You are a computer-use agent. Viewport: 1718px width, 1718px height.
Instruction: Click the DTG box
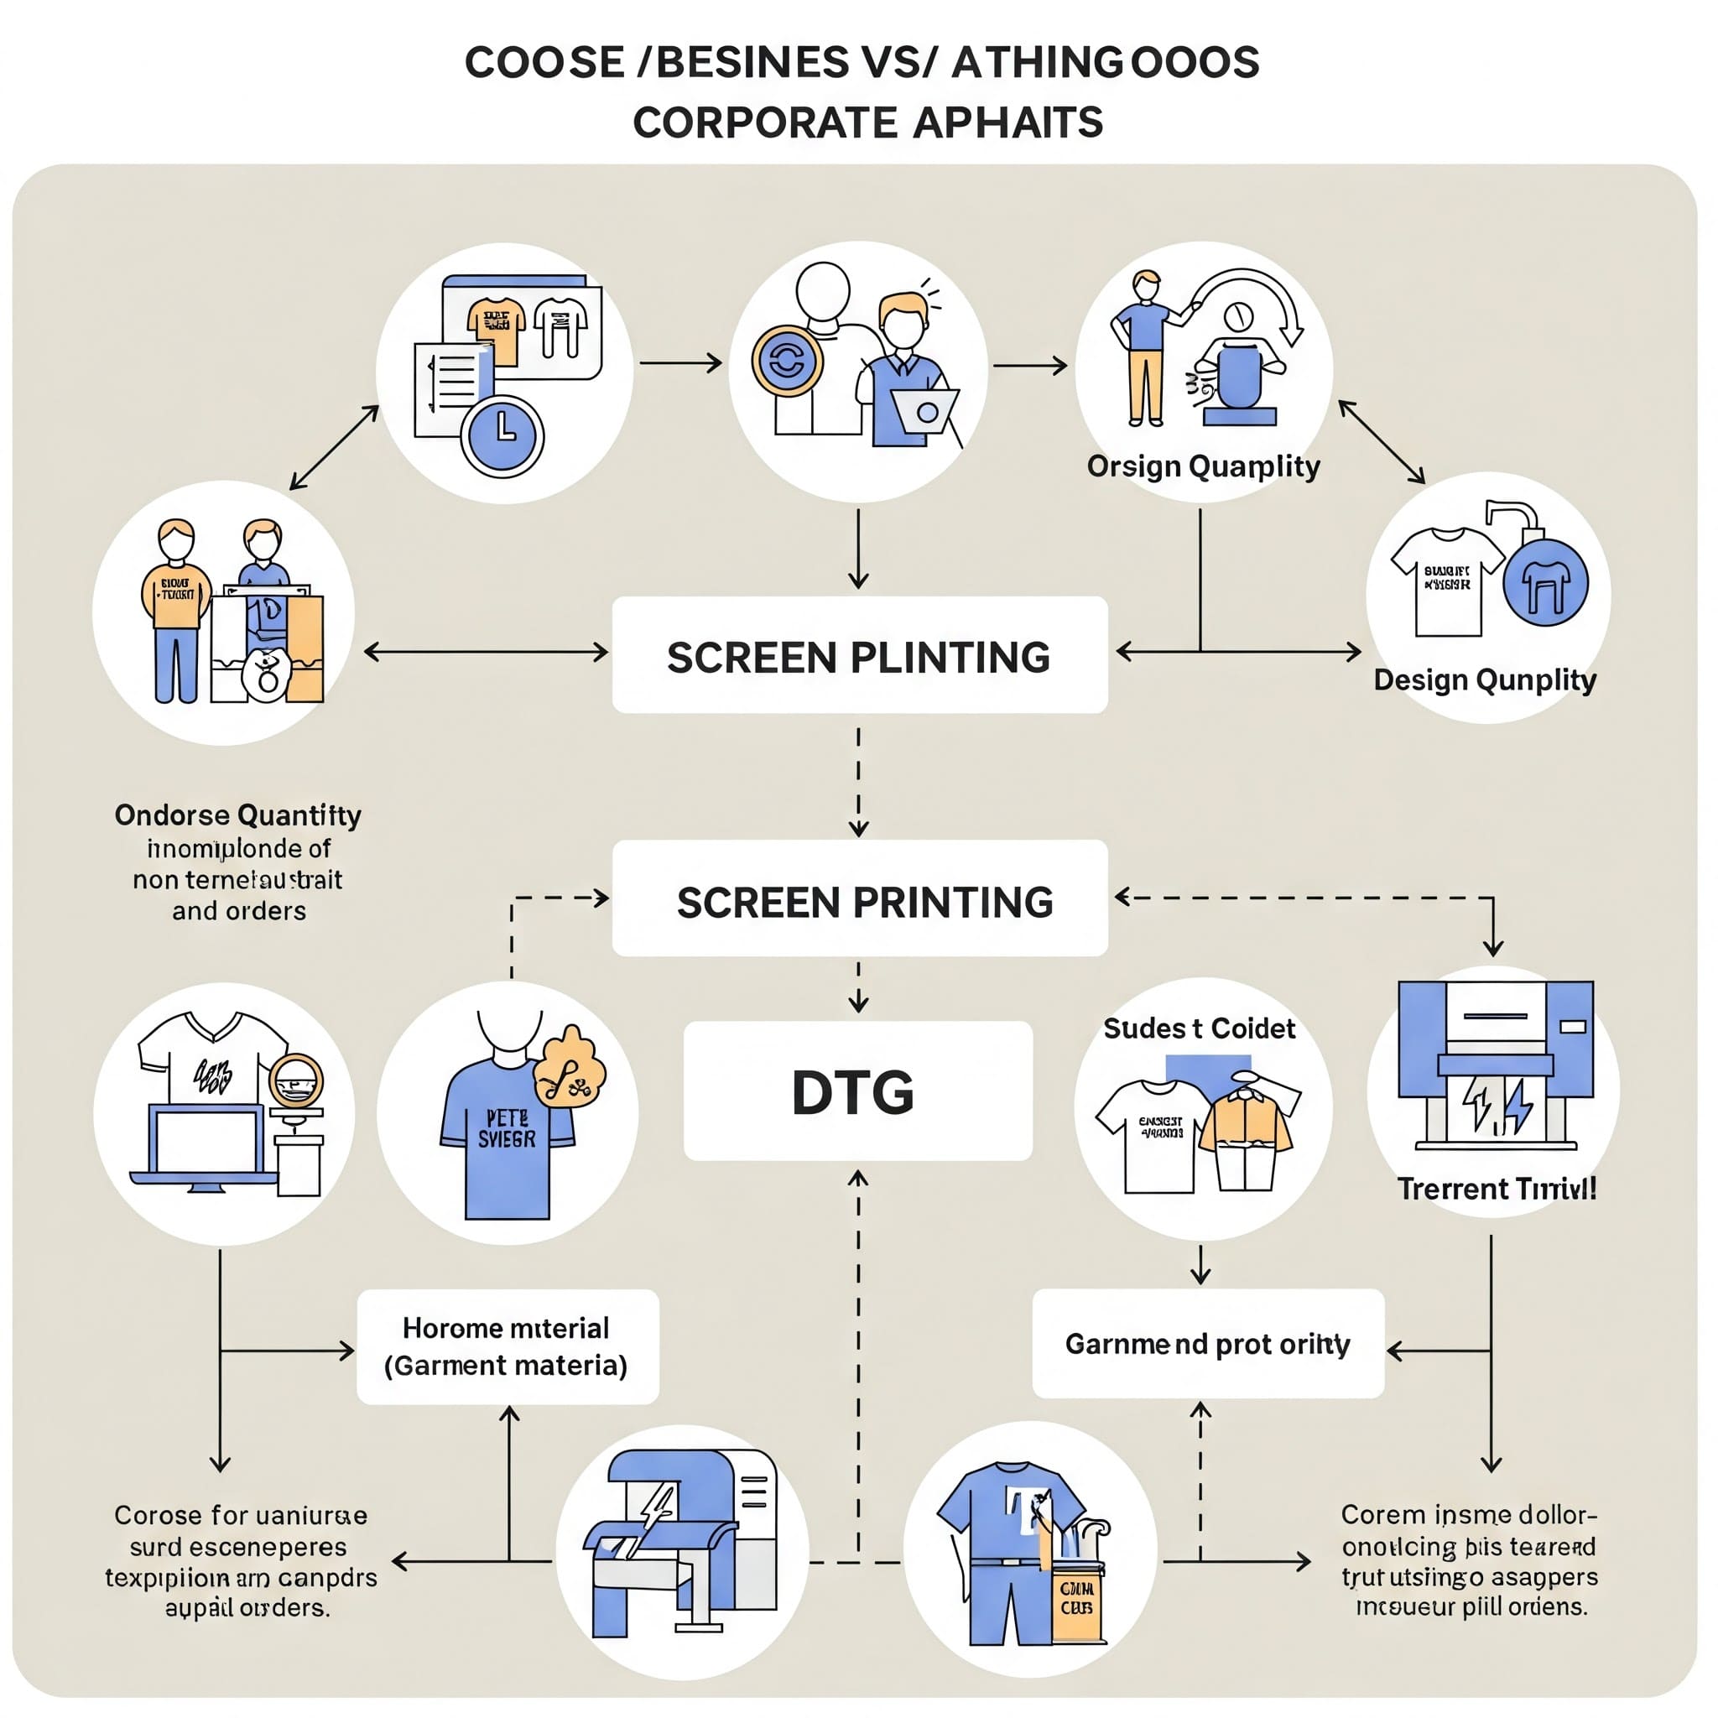point(857,1091)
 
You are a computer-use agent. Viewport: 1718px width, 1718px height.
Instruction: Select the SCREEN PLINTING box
point(859,654)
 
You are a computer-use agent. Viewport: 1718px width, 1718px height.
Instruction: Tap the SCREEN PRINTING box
point(859,898)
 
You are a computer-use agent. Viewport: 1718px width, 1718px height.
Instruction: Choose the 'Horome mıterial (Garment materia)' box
point(507,1346)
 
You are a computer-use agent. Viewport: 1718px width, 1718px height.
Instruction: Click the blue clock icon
point(502,435)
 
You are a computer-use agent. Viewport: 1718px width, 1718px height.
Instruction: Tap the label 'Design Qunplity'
point(1484,680)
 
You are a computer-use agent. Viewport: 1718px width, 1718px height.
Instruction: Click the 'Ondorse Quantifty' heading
point(237,815)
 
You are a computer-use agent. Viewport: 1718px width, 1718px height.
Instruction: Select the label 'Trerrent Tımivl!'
point(1496,1189)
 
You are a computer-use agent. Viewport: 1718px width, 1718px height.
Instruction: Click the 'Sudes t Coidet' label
point(1199,1028)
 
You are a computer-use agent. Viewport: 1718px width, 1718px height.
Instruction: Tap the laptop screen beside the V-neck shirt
point(206,1141)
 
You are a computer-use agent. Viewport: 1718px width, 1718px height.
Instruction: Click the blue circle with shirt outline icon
point(1544,582)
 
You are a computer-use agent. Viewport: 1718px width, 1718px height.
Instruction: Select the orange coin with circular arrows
point(786,361)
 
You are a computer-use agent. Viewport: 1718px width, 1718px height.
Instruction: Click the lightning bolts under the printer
point(1497,1106)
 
